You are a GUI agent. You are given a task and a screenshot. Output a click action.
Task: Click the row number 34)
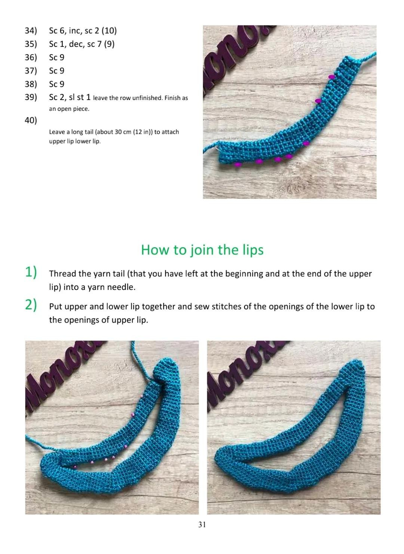[x=31, y=31]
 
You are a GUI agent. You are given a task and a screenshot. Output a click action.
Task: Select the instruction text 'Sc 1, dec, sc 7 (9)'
[x=82, y=44]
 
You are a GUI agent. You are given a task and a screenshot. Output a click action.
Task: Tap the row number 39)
[x=31, y=97]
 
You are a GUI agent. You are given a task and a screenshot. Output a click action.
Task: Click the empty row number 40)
[x=31, y=120]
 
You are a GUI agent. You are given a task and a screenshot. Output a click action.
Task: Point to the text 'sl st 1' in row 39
[x=80, y=97]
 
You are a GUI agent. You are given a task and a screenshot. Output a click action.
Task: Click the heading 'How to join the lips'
[x=202, y=250]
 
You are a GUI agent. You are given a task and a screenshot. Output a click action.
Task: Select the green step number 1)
[x=31, y=272]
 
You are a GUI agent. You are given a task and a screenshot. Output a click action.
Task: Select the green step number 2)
[x=31, y=305]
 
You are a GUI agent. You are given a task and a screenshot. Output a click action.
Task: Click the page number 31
[x=202, y=525]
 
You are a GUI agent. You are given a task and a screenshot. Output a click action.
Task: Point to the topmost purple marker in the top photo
[x=331, y=77]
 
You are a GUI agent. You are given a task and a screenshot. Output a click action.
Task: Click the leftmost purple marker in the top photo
[x=237, y=164]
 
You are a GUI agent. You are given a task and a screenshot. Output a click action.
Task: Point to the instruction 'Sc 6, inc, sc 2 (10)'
[x=83, y=31]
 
